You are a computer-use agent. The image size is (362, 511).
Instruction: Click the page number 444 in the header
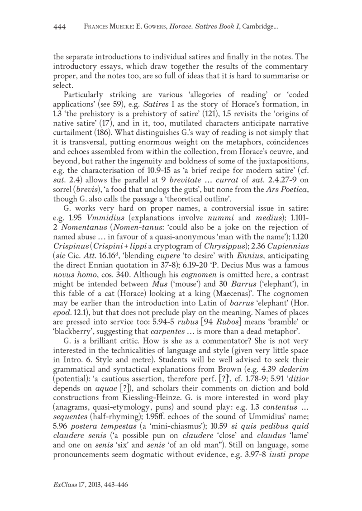60,28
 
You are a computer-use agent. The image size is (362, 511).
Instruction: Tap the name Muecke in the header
112,28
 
